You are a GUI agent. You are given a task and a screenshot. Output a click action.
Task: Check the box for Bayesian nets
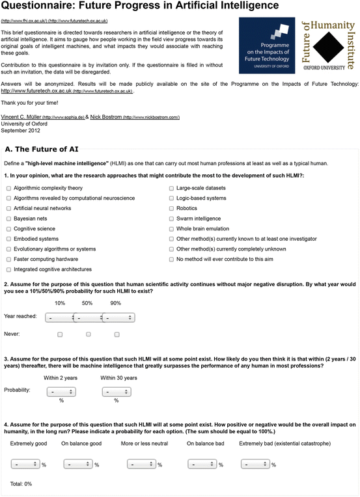(x=8, y=219)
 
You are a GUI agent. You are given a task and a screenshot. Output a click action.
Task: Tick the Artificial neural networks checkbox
(x=8, y=208)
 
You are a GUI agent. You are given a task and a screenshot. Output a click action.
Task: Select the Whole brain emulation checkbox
(x=171, y=229)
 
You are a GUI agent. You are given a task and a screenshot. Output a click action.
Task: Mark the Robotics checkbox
(x=171, y=208)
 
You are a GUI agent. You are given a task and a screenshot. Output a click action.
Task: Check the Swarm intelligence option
(x=171, y=219)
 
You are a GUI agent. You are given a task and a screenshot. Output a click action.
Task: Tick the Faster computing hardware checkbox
(x=8, y=259)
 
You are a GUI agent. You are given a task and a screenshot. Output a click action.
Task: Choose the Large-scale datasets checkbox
(x=171, y=188)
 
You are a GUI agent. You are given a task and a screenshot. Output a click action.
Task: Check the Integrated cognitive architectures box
(x=8, y=269)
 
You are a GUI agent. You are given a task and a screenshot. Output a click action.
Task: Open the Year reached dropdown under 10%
(x=59, y=317)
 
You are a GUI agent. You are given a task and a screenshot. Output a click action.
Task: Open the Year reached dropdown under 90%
(x=118, y=317)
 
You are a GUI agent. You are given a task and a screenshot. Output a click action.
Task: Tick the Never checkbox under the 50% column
(x=89, y=334)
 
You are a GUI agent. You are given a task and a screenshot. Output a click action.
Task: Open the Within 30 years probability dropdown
(x=117, y=392)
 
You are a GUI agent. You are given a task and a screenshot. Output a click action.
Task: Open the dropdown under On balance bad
(x=202, y=464)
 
